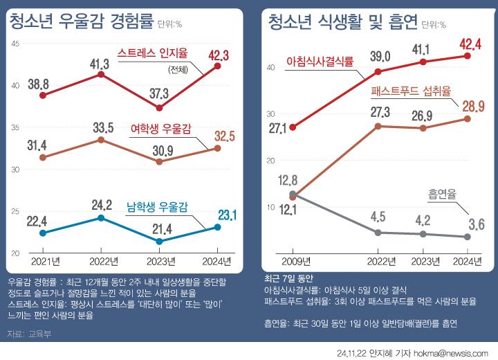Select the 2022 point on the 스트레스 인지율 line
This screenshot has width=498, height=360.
101,74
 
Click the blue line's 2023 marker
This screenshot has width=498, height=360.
160,241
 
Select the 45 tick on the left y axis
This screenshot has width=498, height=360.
16,44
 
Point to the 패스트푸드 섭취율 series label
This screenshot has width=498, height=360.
411,91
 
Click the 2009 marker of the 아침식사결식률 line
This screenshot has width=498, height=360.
293,127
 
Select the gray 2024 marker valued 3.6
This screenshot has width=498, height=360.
467,237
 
